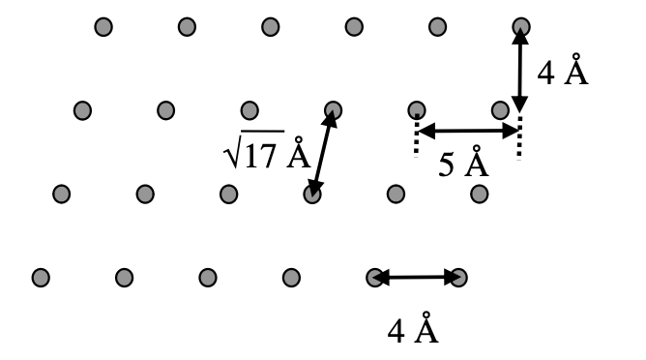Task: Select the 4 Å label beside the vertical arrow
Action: (562, 73)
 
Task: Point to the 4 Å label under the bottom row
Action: (413, 329)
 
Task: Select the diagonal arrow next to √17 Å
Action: (322, 153)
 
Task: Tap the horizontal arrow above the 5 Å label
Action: (468, 130)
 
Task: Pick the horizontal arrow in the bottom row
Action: (417, 278)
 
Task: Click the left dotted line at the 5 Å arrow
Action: (417, 135)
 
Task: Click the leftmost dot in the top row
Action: (103, 26)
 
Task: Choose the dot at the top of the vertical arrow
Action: (520, 26)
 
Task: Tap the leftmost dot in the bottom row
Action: (41, 278)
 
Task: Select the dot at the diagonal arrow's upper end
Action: (333, 109)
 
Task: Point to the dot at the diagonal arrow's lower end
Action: (311, 195)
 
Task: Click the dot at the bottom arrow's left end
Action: (375, 278)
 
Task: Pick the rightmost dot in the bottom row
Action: (458, 278)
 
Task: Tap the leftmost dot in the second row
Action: (82, 109)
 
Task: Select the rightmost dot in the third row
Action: (479, 195)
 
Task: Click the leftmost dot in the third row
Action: (62, 195)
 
